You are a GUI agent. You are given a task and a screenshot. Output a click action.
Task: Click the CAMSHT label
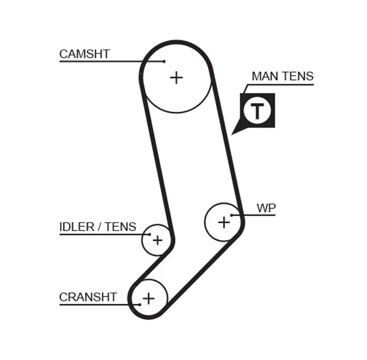click(84, 54)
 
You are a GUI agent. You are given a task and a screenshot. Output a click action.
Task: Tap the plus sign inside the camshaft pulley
click(176, 78)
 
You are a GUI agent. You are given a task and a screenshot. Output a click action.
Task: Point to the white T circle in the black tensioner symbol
click(257, 111)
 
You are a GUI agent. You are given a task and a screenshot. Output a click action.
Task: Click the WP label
click(266, 208)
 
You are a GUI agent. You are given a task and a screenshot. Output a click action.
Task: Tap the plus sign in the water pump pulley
click(224, 222)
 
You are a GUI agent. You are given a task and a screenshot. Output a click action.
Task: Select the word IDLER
click(77, 227)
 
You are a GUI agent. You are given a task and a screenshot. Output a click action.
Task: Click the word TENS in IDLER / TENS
click(120, 227)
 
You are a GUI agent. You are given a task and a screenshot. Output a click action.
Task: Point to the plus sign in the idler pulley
click(157, 240)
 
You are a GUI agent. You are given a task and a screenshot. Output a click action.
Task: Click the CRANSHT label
click(88, 298)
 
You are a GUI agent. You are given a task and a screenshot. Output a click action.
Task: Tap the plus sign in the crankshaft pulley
click(148, 299)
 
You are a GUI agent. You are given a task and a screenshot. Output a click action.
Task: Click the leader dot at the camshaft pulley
click(165, 61)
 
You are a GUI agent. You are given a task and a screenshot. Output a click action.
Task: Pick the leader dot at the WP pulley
click(232, 215)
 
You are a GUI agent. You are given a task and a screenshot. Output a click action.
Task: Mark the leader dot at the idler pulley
click(149, 234)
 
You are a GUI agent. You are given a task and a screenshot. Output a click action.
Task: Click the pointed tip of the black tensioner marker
click(232, 133)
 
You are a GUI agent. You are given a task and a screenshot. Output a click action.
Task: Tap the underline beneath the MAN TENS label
click(281, 84)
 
